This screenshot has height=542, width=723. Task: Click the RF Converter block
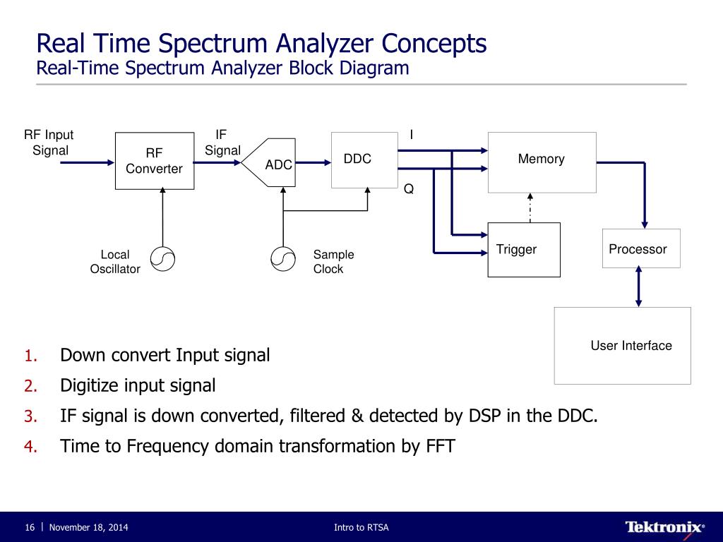click(x=155, y=161)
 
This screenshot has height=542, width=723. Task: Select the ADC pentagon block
click(x=272, y=163)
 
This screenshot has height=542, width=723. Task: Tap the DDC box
click(x=364, y=159)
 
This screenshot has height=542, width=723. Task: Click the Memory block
click(x=542, y=162)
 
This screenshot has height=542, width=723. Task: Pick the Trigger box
click(x=524, y=250)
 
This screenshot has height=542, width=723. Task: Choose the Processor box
click(x=640, y=248)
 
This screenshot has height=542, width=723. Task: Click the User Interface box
click(x=622, y=346)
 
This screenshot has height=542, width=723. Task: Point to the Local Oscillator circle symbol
click(x=162, y=260)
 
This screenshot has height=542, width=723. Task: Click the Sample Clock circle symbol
click(x=282, y=260)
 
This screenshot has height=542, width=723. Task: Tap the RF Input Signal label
click(x=49, y=143)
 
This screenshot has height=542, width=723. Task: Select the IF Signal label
click(x=222, y=143)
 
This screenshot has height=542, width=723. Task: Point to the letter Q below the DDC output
click(x=408, y=189)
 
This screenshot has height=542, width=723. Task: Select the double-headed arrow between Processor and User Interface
click(x=639, y=287)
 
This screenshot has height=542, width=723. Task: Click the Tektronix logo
click(x=664, y=527)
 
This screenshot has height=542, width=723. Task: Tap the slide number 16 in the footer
click(x=30, y=528)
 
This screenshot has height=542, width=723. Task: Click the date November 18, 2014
click(x=88, y=528)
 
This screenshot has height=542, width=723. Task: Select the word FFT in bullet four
click(x=439, y=446)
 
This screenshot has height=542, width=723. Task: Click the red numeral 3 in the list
click(x=30, y=416)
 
